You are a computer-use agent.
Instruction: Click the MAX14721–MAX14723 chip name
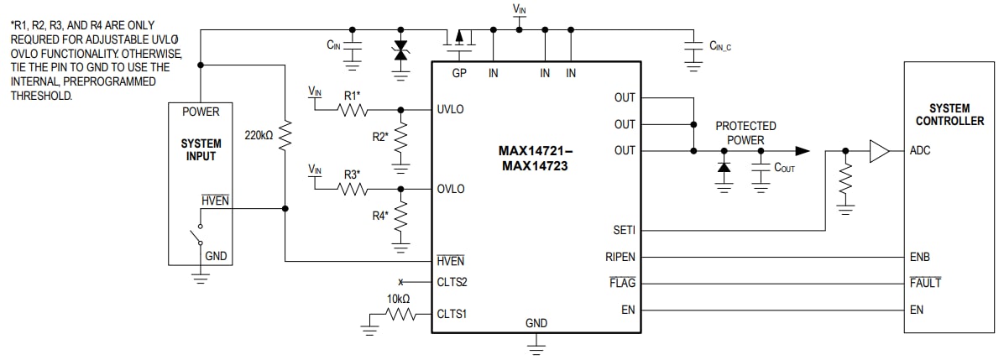point(535,159)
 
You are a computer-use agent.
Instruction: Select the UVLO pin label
point(451,110)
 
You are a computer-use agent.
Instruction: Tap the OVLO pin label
point(451,189)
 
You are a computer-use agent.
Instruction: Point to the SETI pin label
point(624,230)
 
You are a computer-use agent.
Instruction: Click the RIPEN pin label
point(620,257)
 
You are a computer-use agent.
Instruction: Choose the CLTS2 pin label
point(452,282)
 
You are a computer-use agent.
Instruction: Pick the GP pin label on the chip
point(458,74)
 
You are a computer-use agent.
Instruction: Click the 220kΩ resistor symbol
point(285,133)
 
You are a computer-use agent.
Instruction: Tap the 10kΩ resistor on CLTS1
point(400,315)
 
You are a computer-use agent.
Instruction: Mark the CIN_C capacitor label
point(720,47)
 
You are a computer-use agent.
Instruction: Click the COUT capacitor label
point(784,168)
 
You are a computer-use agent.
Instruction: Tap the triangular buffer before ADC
point(879,151)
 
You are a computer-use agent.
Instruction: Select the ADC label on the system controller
point(920,151)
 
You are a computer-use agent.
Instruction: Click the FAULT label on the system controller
point(925,283)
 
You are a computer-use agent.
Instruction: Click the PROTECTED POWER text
point(745,133)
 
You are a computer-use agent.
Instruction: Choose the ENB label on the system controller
point(920,257)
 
